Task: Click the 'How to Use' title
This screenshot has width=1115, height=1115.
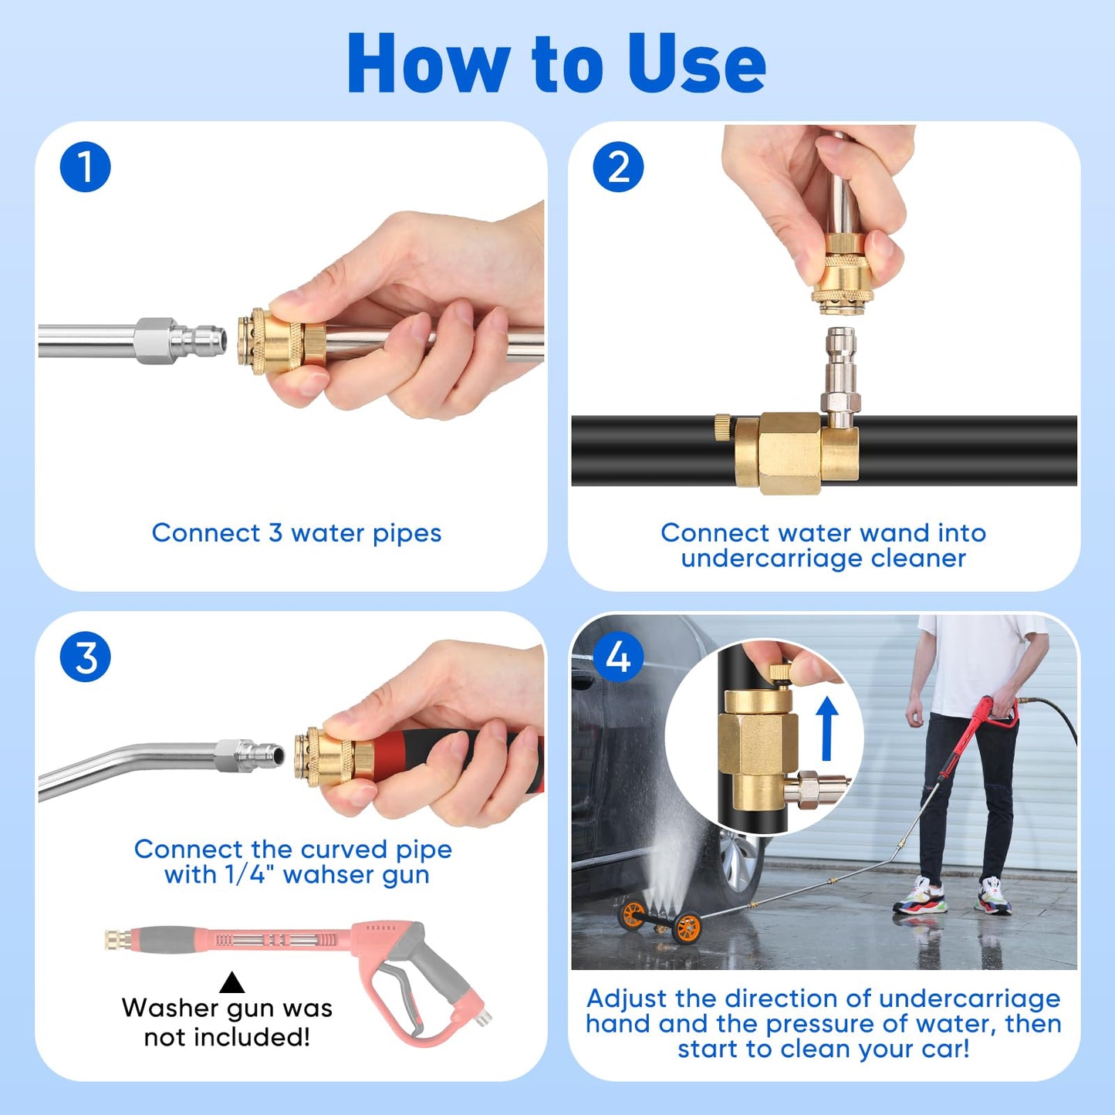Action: coord(556,65)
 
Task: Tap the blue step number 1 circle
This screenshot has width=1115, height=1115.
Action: coord(85,167)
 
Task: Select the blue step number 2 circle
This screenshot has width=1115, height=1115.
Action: coord(618,167)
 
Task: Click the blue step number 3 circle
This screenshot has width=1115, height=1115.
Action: coord(85,657)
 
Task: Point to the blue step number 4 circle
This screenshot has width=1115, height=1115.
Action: coord(618,657)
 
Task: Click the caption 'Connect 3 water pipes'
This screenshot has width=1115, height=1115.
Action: coord(296,533)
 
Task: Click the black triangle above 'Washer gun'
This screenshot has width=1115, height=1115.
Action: coord(231,983)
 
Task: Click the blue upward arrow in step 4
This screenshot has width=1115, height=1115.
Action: coord(827,728)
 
